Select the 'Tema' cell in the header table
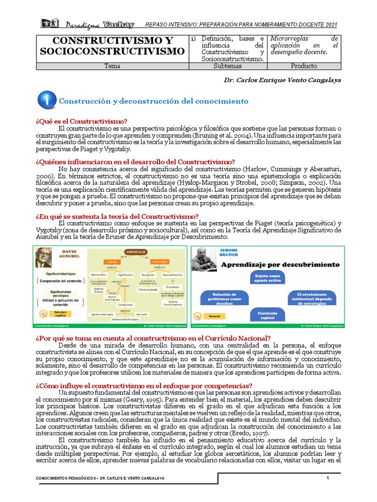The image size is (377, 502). coord(112,66)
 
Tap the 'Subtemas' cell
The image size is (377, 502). coord(227,66)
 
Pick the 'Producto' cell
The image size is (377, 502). coord(304,66)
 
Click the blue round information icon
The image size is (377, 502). coord(46,100)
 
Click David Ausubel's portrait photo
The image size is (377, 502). coord(44,257)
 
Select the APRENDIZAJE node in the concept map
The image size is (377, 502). coord(137,251)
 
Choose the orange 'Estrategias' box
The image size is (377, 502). coord(160,262)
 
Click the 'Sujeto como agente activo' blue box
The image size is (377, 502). coord(268,278)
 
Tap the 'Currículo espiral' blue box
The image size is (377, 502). coord(268,314)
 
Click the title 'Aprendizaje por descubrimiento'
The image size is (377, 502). coord(280,264)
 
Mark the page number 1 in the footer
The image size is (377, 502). coord(327,478)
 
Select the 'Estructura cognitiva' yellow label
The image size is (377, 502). coord(61,314)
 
